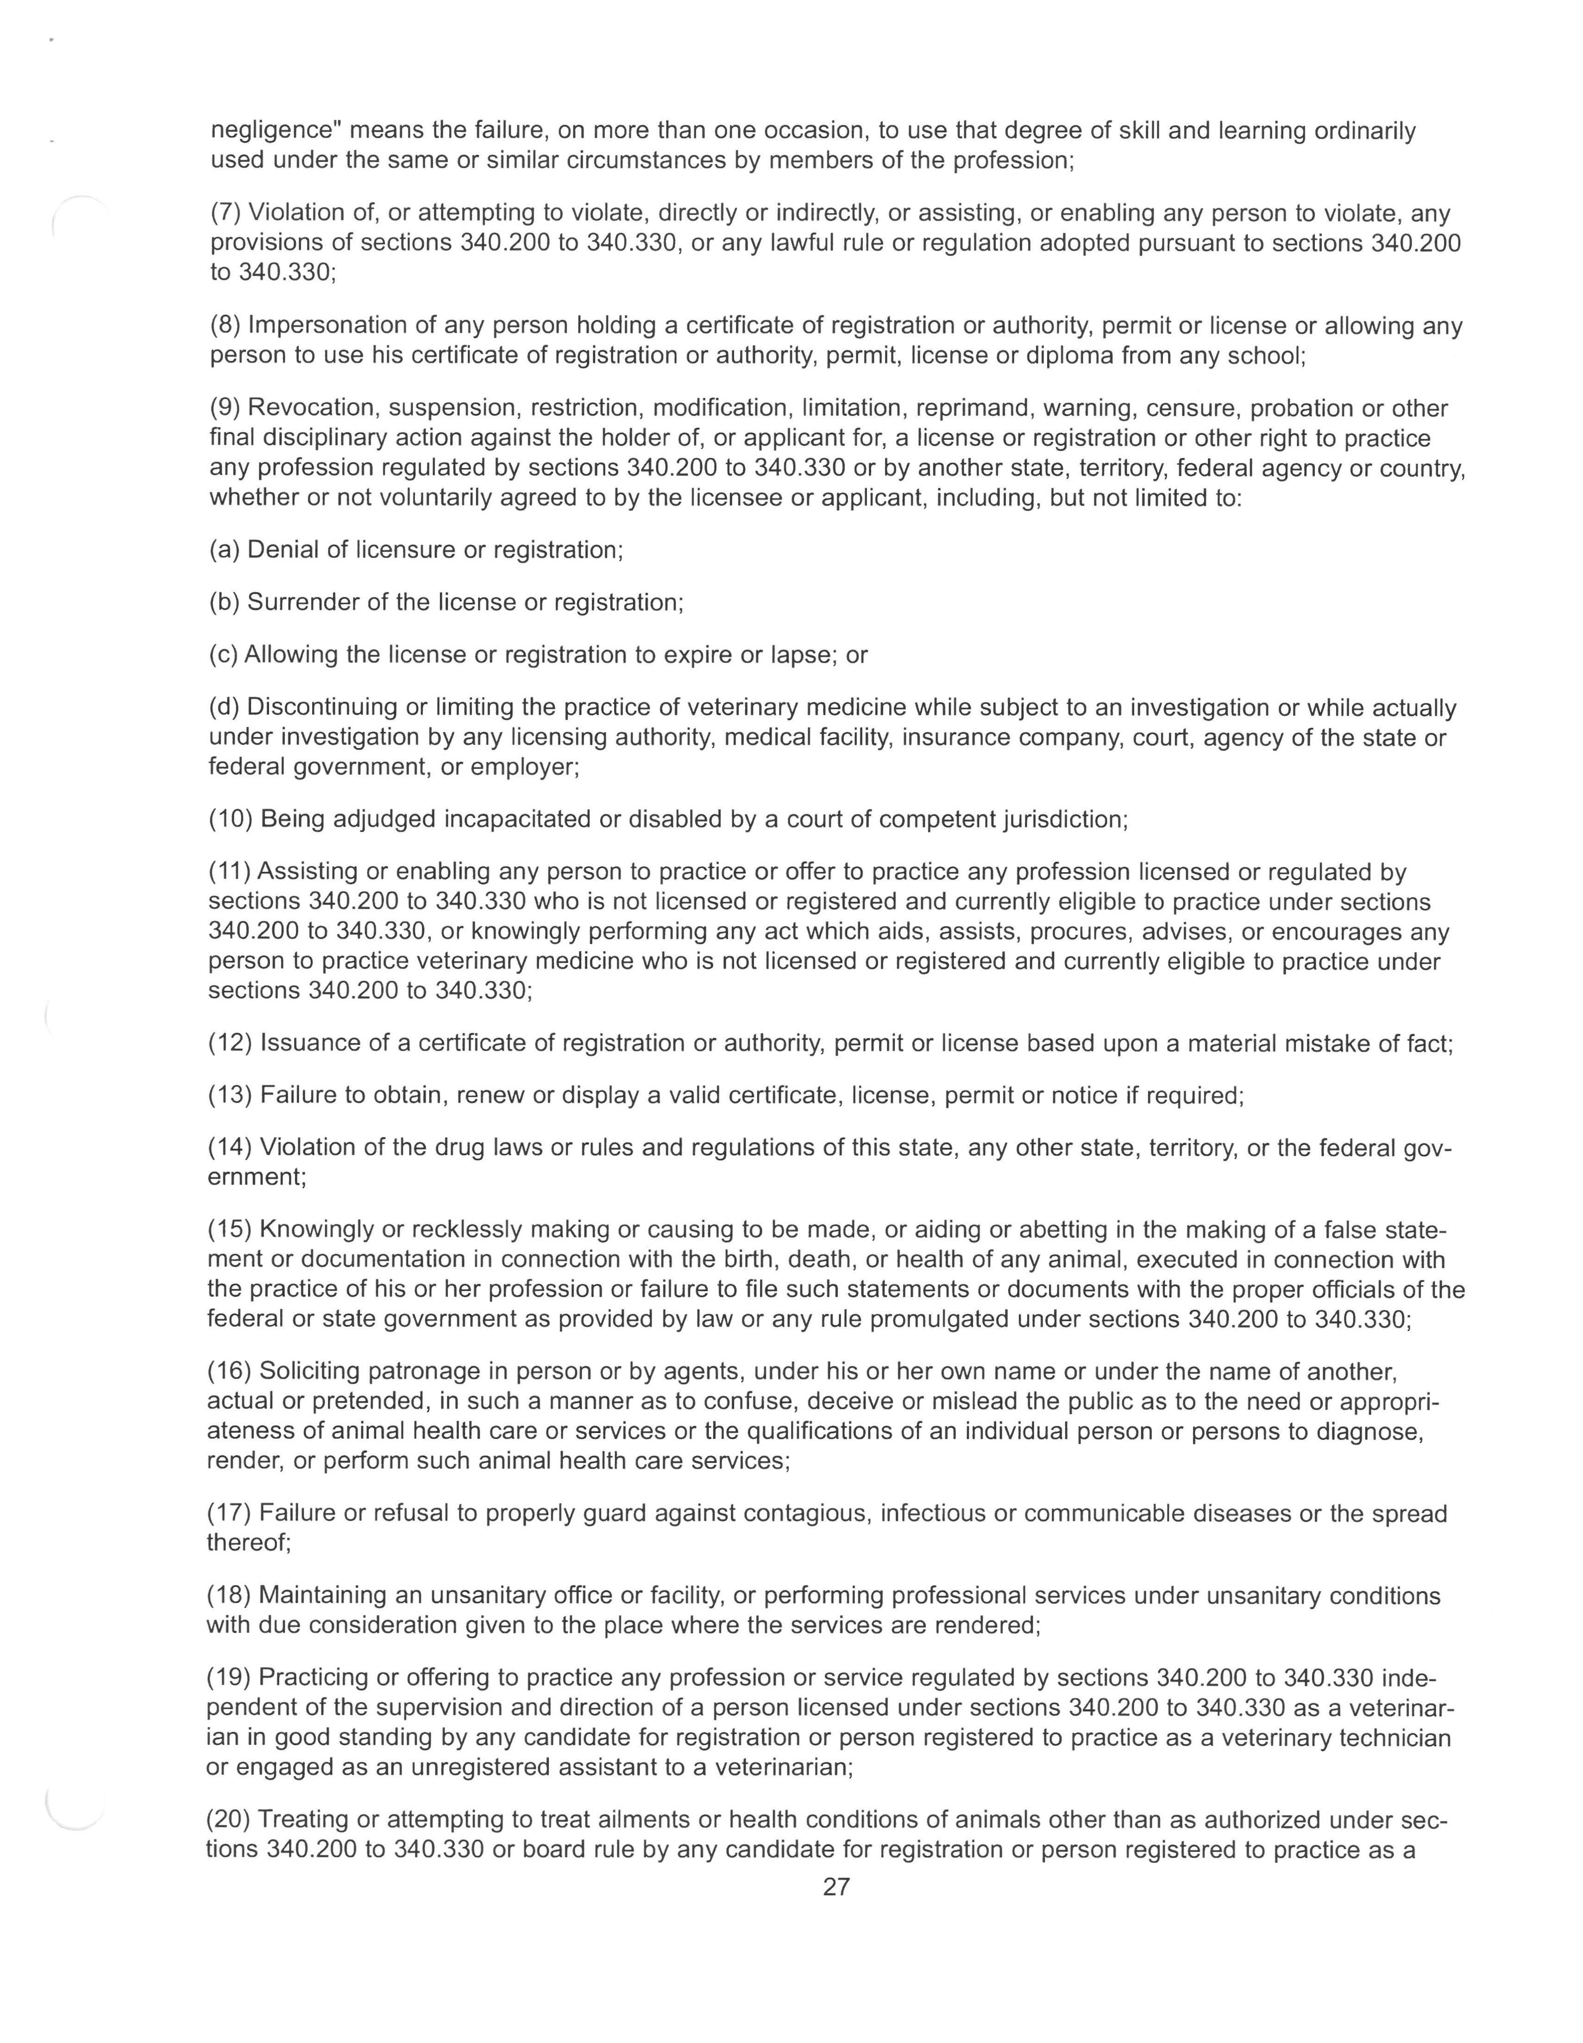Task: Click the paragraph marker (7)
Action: point(226,213)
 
